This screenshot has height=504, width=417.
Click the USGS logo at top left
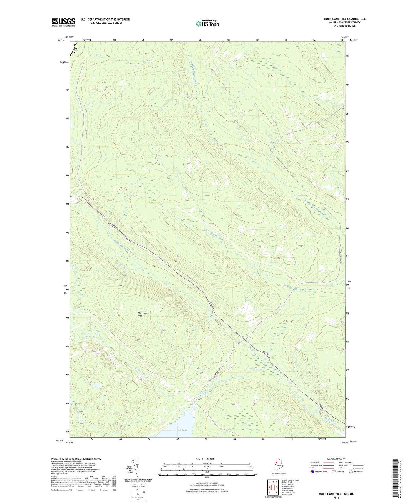[63, 22]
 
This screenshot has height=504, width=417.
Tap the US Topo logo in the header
[207, 24]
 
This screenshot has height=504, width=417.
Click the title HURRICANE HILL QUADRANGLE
[344, 19]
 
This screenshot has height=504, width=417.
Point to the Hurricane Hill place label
[143, 314]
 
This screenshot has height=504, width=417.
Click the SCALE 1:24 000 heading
[207, 459]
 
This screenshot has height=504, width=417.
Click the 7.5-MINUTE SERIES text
[344, 26]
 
